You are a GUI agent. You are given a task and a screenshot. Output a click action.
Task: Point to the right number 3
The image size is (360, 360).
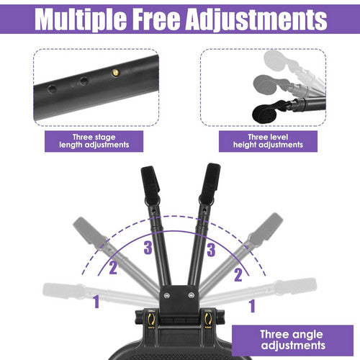[x=212, y=250]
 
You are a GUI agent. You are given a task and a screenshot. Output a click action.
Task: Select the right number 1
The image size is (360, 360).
[x=252, y=306]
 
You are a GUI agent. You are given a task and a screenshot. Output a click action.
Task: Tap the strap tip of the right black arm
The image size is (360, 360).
[x=212, y=177]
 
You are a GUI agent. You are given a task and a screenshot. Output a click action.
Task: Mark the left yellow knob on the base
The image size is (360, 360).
[x=150, y=318]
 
